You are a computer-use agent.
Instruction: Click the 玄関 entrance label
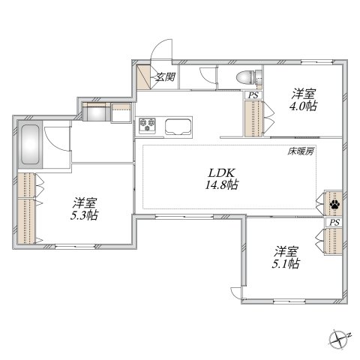[165, 76]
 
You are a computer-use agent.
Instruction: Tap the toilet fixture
[244, 76]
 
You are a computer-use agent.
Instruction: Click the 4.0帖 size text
[304, 106]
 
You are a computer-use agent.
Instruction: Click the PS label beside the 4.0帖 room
[253, 94]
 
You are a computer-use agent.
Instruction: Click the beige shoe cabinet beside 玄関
[143, 76]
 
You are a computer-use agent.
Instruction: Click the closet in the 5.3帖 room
[28, 210]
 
